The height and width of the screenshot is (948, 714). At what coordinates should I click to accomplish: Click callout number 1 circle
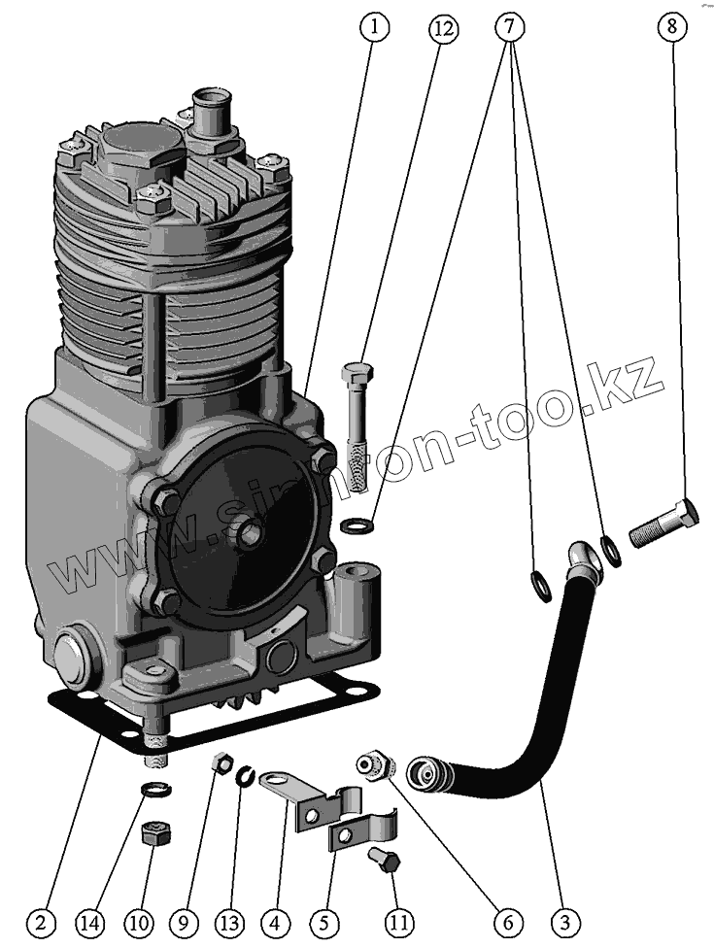click(x=374, y=27)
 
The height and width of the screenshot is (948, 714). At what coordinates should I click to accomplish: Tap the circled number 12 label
click(x=442, y=27)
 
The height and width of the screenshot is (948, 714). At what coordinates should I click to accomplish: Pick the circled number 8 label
click(x=671, y=27)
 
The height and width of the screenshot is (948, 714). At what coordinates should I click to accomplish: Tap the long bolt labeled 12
click(x=356, y=427)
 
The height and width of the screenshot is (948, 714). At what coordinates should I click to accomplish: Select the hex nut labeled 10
click(x=154, y=833)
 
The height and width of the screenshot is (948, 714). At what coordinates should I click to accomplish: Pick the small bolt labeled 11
click(x=385, y=861)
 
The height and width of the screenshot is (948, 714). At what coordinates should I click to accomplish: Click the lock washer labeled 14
click(x=153, y=789)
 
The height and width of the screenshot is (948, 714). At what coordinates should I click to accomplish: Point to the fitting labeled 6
click(x=374, y=762)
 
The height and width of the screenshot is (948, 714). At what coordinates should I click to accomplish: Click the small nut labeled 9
click(x=221, y=764)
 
